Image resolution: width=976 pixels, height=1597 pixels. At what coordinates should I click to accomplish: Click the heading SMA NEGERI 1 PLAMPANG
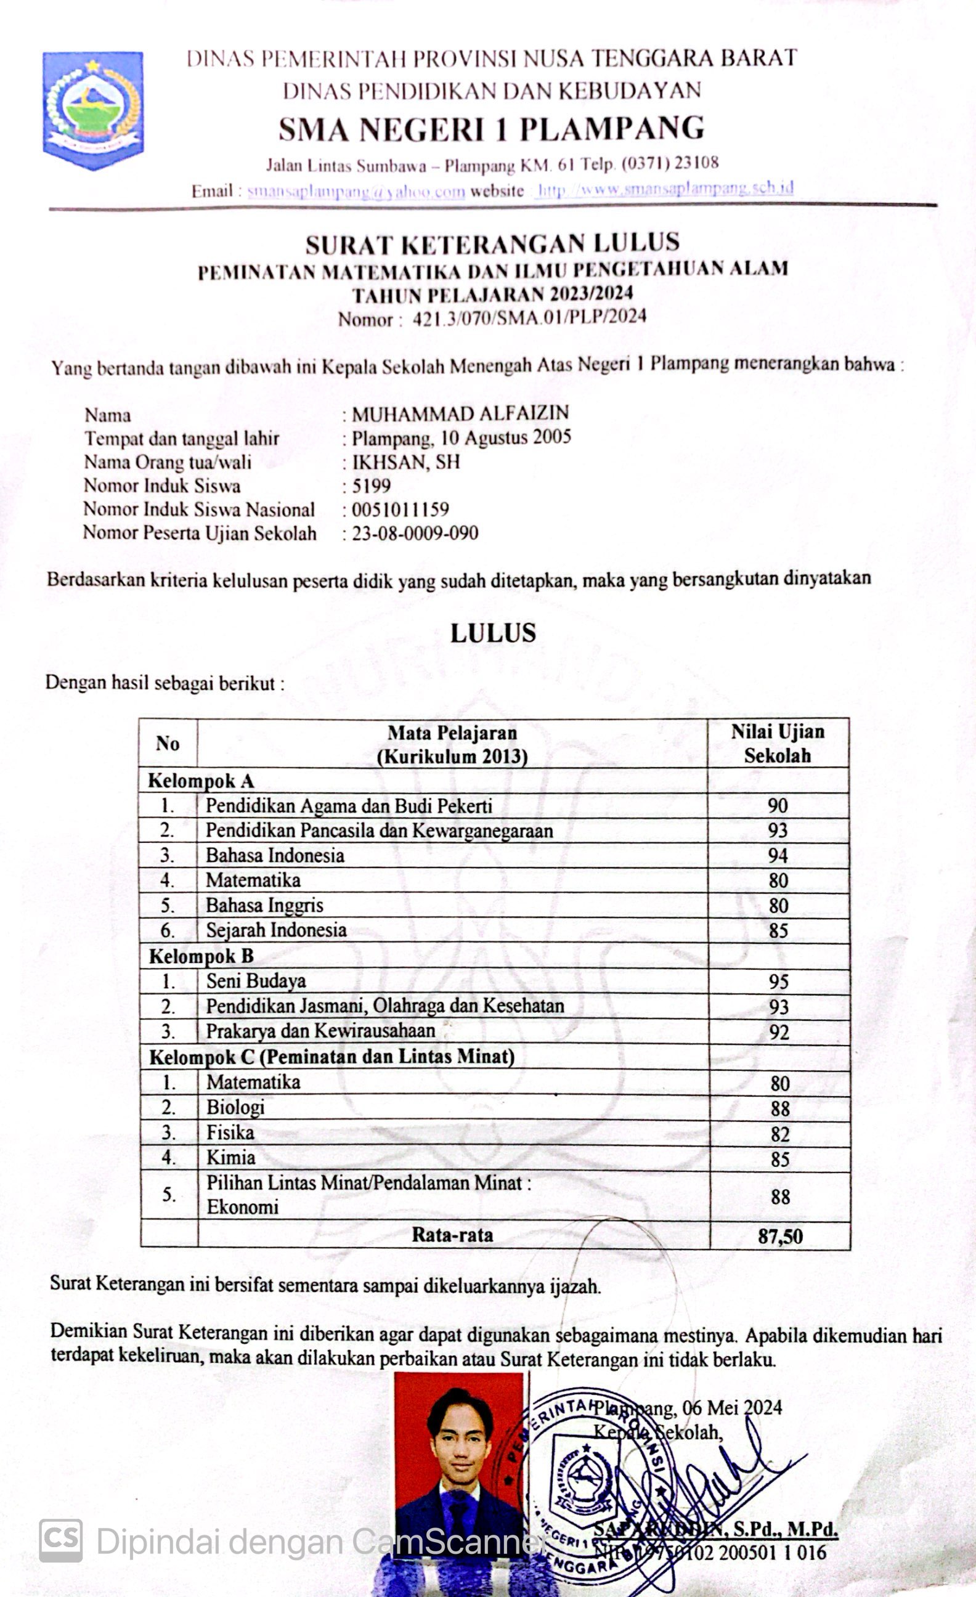coord(491,129)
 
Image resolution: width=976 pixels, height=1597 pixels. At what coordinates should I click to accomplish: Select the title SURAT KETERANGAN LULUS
coord(492,244)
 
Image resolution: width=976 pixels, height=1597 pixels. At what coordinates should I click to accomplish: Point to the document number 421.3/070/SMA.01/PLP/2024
coord(529,317)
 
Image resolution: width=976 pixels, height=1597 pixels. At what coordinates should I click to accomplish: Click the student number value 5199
coord(372,486)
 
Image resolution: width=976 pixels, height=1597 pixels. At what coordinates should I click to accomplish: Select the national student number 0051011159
coord(401,510)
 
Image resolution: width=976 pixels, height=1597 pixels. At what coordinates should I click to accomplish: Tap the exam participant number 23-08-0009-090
coord(415,533)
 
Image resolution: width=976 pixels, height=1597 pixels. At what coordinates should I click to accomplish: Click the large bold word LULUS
coord(493,633)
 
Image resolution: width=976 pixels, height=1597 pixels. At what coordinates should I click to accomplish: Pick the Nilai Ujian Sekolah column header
coord(778,744)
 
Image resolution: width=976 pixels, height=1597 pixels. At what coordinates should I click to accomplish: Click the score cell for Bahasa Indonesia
coord(778,856)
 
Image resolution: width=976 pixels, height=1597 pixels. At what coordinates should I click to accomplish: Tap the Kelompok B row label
coord(201,956)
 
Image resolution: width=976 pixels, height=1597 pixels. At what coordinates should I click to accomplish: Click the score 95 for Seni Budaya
coord(778,981)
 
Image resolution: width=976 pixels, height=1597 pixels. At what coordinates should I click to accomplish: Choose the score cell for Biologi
coord(779,1108)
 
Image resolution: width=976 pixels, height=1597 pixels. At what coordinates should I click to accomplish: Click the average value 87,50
coord(780,1236)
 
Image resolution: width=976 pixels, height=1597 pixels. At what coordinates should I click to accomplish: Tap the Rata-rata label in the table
coord(452,1235)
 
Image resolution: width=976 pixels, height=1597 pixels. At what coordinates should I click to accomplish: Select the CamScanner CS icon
coord(61,1540)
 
